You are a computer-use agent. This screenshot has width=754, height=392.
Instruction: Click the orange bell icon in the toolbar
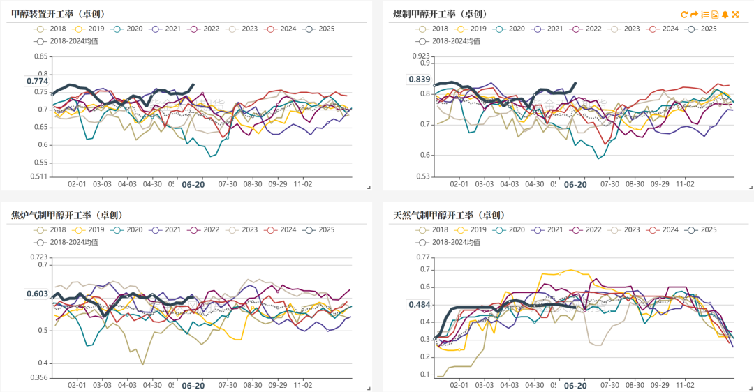tap(725, 14)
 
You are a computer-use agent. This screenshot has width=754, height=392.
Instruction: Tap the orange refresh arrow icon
tap(685, 14)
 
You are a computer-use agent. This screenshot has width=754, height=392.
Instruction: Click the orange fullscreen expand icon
tap(735, 14)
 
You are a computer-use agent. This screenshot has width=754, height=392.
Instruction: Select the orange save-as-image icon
tap(715, 14)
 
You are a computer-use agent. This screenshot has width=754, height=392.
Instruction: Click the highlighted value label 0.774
tap(37, 81)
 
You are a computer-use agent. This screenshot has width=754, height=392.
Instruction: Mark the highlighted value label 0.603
tap(37, 294)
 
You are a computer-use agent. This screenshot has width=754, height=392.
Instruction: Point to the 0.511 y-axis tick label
tap(38, 177)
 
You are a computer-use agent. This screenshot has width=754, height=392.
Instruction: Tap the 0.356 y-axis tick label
tap(38, 378)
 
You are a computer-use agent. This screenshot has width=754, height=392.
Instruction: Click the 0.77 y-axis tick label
tap(422, 257)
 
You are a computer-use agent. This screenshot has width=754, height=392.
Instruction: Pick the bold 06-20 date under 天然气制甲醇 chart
tap(575, 385)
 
